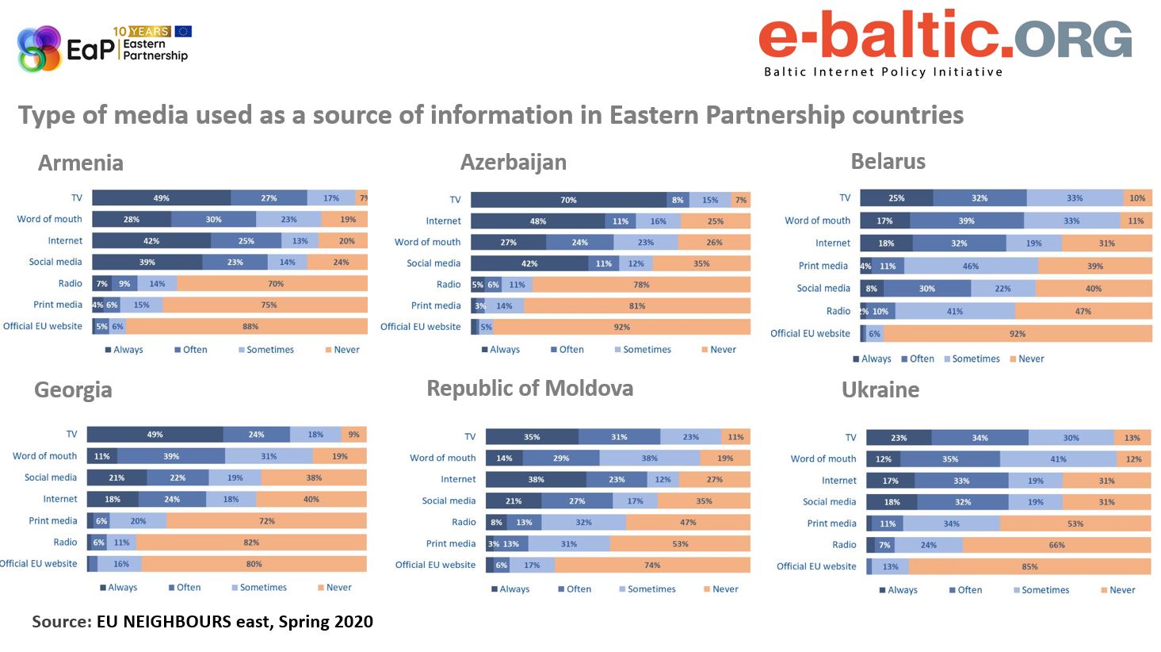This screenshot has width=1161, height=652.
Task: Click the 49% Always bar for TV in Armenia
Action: click(x=162, y=198)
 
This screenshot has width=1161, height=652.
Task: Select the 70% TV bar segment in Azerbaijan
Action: click(x=568, y=200)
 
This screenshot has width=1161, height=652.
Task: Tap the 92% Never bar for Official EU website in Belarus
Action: click(x=1017, y=334)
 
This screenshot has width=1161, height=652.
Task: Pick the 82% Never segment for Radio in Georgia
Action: click(x=251, y=543)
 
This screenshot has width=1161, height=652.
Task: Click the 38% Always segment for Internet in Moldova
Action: click(x=536, y=479)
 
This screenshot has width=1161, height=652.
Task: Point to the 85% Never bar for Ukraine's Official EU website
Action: click(x=1029, y=566)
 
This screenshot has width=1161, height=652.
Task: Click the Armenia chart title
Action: click(x=81, y=163)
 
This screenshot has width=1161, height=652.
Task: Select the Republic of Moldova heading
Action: click(x=529, y=388)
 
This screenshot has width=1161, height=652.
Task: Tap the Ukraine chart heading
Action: click(x=880, y=389)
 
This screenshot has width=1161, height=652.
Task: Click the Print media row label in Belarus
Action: click(x=823, y=266)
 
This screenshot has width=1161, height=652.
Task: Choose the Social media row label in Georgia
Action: click(x=51, y=477)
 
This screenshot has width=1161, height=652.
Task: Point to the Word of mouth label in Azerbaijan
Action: click(x=427, y=242)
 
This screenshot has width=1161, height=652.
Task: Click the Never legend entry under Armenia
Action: click(x=342, y=350)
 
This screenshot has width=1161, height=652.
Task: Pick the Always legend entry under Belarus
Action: click(x=872, y=359)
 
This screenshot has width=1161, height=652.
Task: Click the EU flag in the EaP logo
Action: click(x=183, y=31)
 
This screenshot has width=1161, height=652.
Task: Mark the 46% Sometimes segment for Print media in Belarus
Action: click(x=970, y=267)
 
